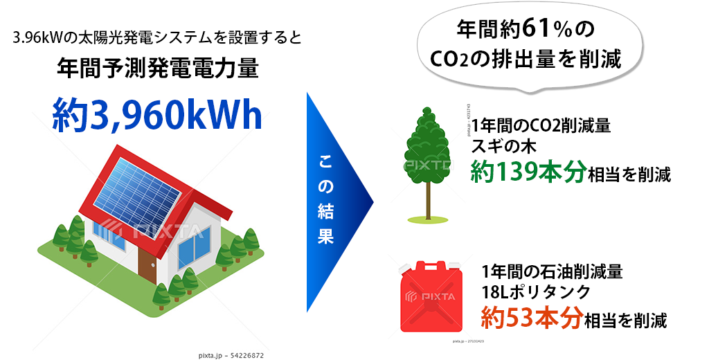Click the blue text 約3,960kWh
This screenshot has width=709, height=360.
pyautogui.click(x=157, y=114)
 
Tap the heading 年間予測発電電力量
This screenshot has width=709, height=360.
pyautogui.click(x=159, y=69)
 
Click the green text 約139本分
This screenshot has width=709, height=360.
pyautogui.click(x=528, y=172)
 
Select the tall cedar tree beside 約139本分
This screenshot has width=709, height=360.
pyautogui.click(x=428, y=165)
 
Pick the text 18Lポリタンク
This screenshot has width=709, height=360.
pyautogui.click(x=536, y=292)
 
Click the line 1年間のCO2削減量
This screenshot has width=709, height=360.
pyautogui.click(x=541, y=125)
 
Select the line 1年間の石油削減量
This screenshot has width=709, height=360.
pyautogui.click(x=552, y=272)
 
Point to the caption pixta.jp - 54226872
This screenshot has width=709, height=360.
pyautogui.click(x=231, y=355)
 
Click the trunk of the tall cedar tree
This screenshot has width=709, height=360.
pyautogui.click(x=428, y=199)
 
